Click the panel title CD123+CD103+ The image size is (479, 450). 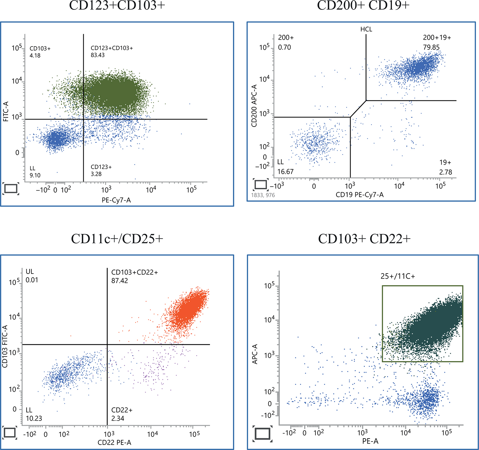[117, 5]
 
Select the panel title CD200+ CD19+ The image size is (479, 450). [363, 5]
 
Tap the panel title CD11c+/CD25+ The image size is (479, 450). [117, 239]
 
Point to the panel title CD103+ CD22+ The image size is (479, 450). [364, 239]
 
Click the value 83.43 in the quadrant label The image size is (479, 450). [98, 55]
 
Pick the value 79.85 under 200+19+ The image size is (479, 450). [431, 47]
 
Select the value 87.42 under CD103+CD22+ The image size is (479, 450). [120, 281]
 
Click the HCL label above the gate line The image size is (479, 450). [366, 29]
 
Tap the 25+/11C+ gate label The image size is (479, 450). [398, 276]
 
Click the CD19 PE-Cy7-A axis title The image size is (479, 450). [360, 195]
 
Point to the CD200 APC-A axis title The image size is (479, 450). [255, 106]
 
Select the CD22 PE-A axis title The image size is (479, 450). [114, 442]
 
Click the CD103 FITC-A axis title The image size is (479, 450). [5, 346]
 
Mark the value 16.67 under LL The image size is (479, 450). [286, 172]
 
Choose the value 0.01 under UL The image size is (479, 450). [32, 280]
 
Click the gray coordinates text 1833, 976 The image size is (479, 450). [263, 195]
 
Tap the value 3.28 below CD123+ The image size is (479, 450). [96, 174]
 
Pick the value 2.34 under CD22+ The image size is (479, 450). [118, 419]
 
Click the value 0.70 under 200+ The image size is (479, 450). [285, 47]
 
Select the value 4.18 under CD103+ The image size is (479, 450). [35, 55]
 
